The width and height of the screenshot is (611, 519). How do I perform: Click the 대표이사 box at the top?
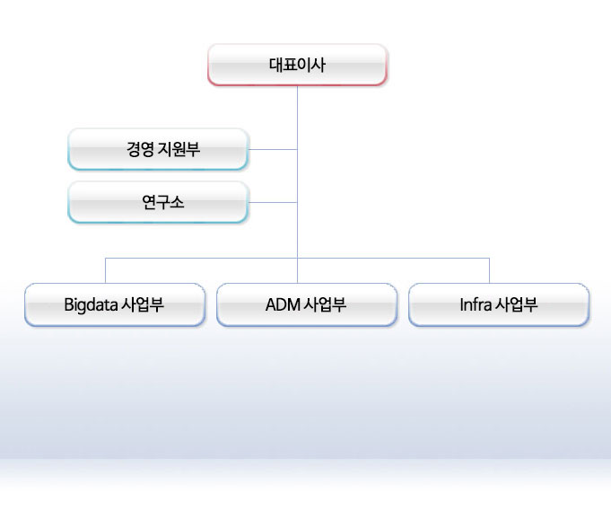(x=297, y=65)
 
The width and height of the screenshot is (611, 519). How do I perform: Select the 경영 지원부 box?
(x=158, y=149)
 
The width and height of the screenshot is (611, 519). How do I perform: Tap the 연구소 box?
(x=158, y=202)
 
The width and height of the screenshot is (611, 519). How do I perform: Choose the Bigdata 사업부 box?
(x=115, y=304)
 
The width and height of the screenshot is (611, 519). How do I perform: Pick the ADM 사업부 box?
(x=307, y=304)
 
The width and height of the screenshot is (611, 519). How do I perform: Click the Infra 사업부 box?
(x=499, y=304)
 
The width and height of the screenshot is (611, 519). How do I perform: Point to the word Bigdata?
(x=91, y=305)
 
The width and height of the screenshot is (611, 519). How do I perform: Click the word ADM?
(x=283, y=304)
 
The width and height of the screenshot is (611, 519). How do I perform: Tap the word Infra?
(x=476, y=304)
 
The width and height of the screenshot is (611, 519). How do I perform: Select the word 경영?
(x=140, y=149)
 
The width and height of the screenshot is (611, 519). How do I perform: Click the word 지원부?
(x=179, y=149)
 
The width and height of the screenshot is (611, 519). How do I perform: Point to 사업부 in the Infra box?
(x=516, y=304)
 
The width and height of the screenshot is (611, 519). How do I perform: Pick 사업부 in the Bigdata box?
(x=143, y=304)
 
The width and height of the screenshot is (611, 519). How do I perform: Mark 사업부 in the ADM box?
(x=325, y=304)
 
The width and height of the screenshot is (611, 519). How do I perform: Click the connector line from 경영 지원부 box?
(x=273, y=149)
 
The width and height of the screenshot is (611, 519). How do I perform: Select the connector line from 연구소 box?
(x=273, y=202)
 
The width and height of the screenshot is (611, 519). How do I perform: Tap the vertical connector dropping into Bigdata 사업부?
(x=105, y=270)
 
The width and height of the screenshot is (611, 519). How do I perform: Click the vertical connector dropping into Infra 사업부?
(x=489, y=270)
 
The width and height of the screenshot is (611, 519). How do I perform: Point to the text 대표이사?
(x=297, y=65)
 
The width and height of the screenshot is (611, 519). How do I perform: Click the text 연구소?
(x=162, y=202)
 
